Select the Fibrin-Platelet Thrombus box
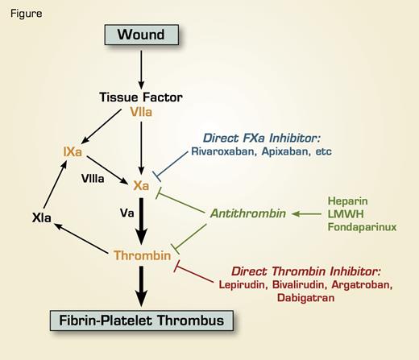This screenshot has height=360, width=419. pos(141,321)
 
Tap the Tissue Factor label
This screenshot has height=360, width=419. pos(142,98)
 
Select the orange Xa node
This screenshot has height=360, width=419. pos(141,184)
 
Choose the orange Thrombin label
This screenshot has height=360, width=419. pos(141,255)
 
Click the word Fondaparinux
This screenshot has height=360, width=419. pos(361,228)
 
